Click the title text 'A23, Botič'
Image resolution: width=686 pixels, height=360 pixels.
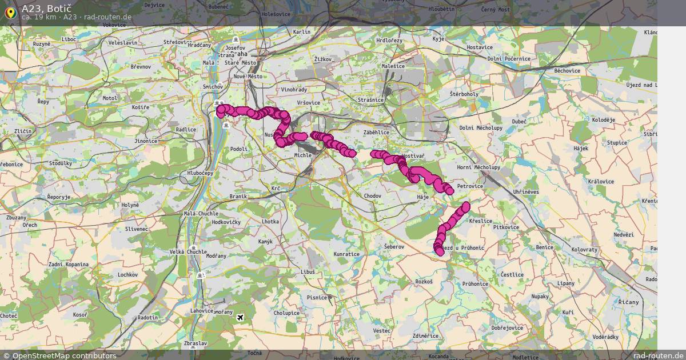pyautogui.click(x=46, y=8)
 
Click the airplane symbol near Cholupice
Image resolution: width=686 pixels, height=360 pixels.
pyautogui.click(x=240, y=317)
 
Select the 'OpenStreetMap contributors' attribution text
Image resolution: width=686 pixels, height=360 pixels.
pyautogui.click(x=64, y=355)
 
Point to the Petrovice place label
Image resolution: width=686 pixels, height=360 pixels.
pyautogui.click(x=470, y=186)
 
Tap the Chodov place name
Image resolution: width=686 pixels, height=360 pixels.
pyautogui.click(x=372, y=196)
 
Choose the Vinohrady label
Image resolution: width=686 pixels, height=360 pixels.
pyautogui.click(x=294, y=90)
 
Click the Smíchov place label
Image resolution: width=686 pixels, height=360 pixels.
pyautogui.click(x=212, y=87)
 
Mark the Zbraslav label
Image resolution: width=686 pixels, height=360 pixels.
pyautogui.click(x=195, y=343)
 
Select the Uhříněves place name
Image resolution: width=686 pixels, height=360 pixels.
pyautogui.click(x=526, y=192)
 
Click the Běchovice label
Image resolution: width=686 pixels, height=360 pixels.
pyautogui.click(x=567, y=71)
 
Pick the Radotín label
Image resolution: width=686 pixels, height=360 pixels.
pyautogui.click(x=147, y=318)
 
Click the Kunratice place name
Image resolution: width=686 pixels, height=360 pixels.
pyautogui.click(x=346, y=254)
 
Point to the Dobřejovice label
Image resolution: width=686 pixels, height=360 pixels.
pyautogui.click(x=507, y=328)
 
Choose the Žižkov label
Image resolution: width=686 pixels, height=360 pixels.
pyautogui.click(x=323, y=59)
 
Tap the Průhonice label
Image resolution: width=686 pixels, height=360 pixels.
pyautogui.click(x=476, y=283)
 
